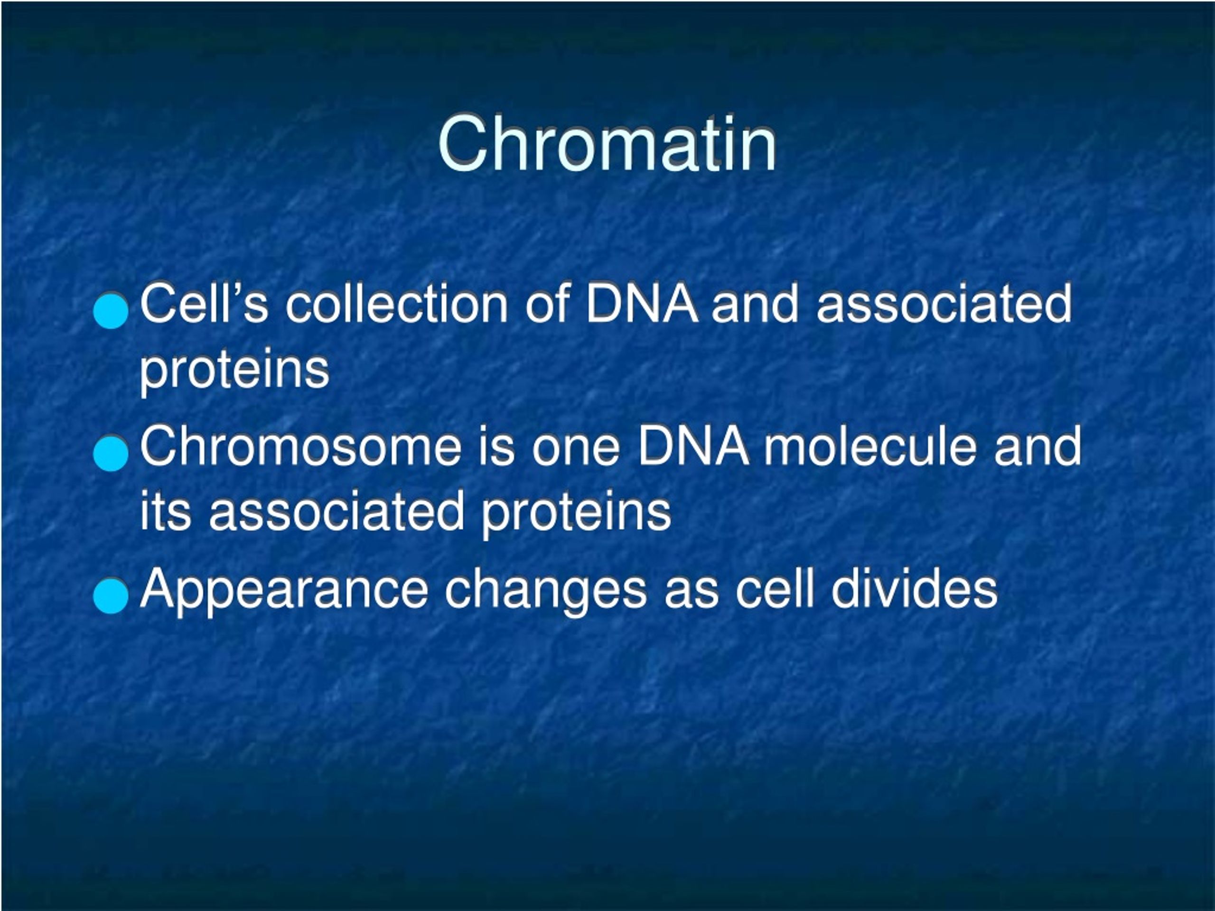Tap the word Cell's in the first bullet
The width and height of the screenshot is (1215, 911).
205,303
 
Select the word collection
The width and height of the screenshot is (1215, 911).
397,303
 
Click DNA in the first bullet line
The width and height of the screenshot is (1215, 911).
642,303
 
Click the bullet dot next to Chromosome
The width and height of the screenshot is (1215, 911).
111,454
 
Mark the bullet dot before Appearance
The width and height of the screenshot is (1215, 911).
111,596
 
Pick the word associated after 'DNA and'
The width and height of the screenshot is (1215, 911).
944,303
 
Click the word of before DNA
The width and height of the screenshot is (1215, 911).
547,303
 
